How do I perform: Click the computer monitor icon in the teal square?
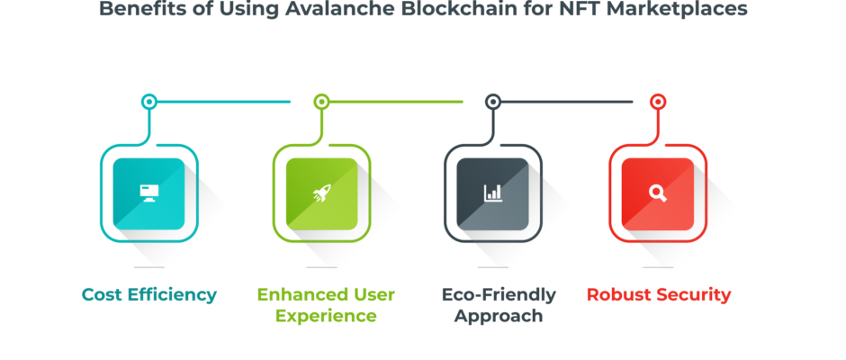tap(148, 193)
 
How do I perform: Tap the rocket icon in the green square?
tap(321, 193)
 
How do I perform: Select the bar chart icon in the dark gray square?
tap(492, 193)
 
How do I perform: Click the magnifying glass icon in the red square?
tap(658, 193)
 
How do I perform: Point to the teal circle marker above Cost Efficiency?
tap(148, 102)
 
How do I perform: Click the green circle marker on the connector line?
tap(321, 102)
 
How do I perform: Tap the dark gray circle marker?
tap(492, 102)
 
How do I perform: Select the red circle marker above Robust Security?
tap(658, 102)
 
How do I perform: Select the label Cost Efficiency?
tap(148, 295)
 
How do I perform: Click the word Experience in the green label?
tap(326, 316)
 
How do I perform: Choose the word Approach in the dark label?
tap(498, 316)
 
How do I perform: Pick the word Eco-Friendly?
tap(499, 295)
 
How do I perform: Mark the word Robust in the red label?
tap(618, 295)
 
